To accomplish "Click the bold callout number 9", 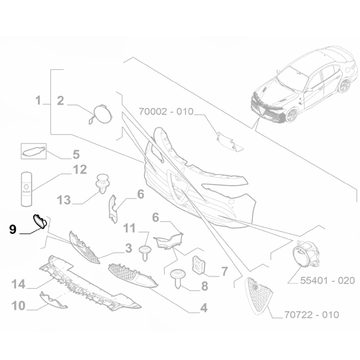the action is coord(13,230).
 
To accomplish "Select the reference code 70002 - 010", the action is coord(166,112).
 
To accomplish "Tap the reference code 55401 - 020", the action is coord(328,280).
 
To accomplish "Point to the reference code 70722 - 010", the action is coord(312,315).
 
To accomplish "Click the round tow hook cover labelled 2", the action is coord(100,114).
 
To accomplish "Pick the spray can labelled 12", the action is coord(27,189).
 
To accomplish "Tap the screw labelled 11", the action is coord(145,253).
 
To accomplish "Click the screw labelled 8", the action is coord(178,279).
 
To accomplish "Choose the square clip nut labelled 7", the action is coord(199,265).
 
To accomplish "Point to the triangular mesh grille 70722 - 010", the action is coord(258,295).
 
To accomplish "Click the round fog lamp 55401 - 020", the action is coord(305,254).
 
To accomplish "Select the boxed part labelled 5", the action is coord(34,151).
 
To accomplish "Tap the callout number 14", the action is coord(19,284).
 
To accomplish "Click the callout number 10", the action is coord(19,306).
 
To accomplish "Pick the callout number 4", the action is coord(204,307).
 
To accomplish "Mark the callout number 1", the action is coord(38,100).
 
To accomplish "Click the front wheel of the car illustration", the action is coord(292,114).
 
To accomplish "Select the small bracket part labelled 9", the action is coord(40,221).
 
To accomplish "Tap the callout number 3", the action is coord(129,248).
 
